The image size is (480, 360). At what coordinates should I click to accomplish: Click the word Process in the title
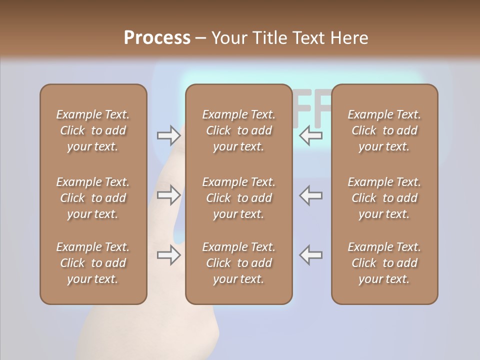[157, 37]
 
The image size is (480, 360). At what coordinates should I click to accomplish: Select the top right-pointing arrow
[168, 135]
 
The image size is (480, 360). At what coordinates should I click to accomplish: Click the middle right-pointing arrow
[168, 195]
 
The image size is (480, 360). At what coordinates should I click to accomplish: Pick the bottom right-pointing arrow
[168, 255]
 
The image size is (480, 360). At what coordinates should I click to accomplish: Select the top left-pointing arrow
[311, 135]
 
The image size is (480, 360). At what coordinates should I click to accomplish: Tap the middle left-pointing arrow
[311, 195]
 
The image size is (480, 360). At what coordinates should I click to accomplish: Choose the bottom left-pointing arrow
[311, 255]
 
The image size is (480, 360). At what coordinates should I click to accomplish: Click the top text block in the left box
[93, 130]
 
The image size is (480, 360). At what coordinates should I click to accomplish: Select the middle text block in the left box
[93, 198]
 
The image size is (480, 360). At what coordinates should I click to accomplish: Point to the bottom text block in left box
[93, 263]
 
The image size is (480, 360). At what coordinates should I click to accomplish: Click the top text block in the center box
[238, 130]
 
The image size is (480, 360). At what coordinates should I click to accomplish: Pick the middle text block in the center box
[238, 198]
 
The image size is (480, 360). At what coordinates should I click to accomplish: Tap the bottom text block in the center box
[238, 263]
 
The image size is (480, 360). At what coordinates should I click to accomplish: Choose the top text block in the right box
[384, 130]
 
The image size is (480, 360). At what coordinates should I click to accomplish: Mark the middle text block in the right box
[384, 198]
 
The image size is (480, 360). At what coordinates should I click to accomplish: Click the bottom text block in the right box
[384, 263]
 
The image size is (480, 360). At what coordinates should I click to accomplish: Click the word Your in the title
[229, 37]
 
